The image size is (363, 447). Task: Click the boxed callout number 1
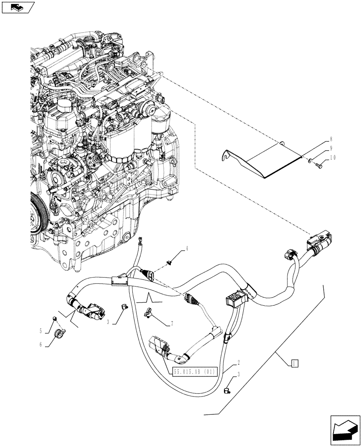(x=294, y=363)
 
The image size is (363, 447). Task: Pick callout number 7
(x=171, y=323)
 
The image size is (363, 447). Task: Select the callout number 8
(x=331, y=139)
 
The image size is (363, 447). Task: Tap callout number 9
(x=331, y=148)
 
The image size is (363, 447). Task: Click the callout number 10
(x=333, y=157)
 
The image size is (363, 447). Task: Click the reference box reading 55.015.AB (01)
(x=194, y=371)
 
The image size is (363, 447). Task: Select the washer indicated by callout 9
(x=309, y=159)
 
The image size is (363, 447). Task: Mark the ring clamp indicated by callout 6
(x=59, y=333)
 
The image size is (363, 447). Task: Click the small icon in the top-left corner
(x=17, y=7)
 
